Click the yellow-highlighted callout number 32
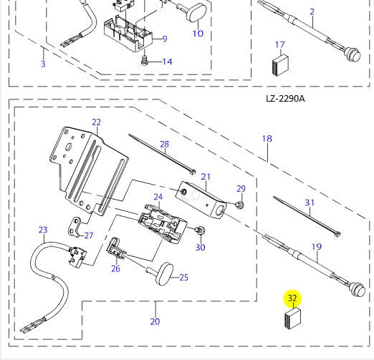tap(292, 298)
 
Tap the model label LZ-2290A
tap(285, 98)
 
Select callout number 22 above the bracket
tap(97, 122)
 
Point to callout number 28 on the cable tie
tap(164, 144)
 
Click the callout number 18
tap(267, 139)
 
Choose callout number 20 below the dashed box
tap(155, 321)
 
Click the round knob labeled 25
tap(164, 273)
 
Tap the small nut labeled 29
tap(239, 205)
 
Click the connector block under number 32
tap(293, 318)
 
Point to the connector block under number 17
tap(280, 65)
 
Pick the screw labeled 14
tap(145, 60)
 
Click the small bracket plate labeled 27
tap(74, 228)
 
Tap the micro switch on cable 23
tap(77, 256)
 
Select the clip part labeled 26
tap(115, 248)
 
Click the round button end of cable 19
tap(358, 290)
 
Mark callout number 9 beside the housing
tap(165, 39)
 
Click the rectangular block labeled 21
tap(200, 199)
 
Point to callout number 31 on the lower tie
tap(310, 203)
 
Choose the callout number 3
tap(43, 64)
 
